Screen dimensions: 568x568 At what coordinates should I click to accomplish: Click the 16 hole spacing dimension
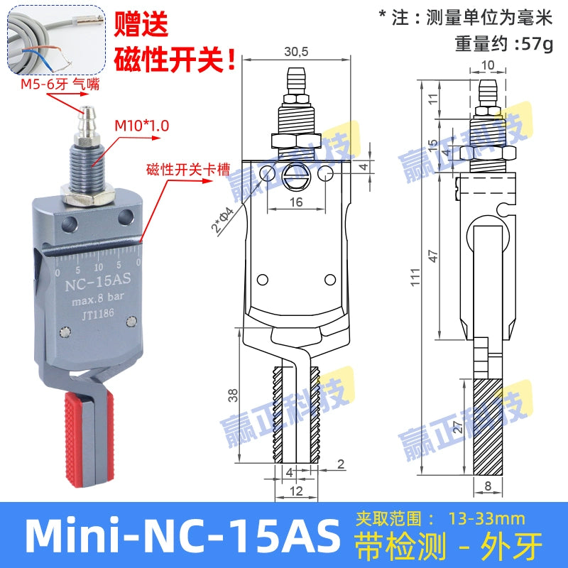tap(297, 202)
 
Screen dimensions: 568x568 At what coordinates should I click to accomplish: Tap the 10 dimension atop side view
tap(486, 65)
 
